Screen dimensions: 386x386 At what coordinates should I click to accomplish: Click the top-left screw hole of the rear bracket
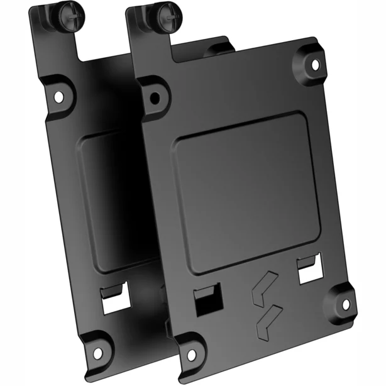pos(57,96)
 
